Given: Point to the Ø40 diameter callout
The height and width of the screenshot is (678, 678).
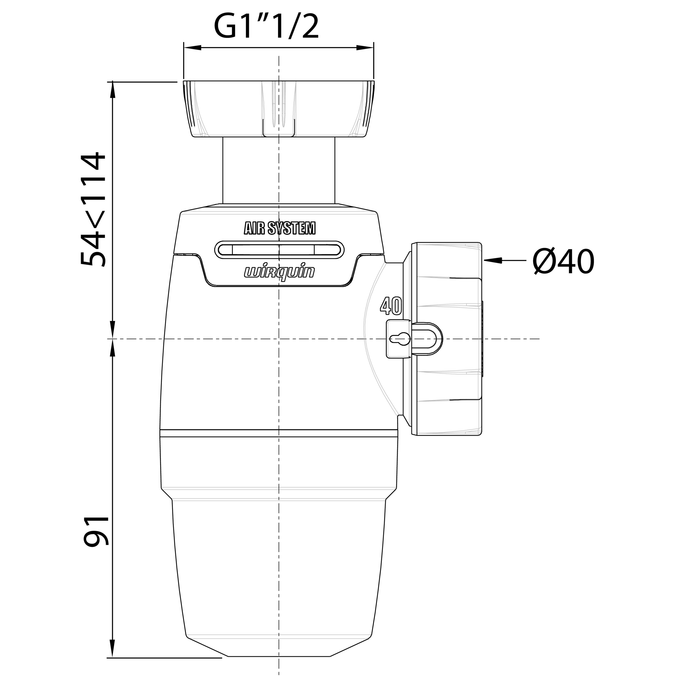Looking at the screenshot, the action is tap(563, 261).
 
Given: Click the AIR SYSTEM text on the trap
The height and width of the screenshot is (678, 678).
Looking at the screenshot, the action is tap(280, 228).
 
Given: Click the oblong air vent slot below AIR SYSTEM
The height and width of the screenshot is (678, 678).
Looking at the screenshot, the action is tap(279, 250).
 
